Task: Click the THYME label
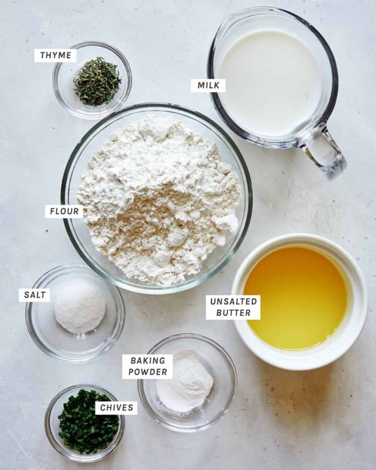point(55,55)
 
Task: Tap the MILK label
point(208,86)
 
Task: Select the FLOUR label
point(64,211)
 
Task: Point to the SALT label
point(34,295)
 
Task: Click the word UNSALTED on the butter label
point(233,301)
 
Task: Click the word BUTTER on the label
point(233,313)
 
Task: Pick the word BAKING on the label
point(147,360)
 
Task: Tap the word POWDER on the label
point(147,372)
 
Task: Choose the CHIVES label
point(116,408)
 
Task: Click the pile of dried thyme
point(97,81)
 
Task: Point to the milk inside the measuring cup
point(270,83)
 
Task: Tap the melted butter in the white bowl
point(296,298)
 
